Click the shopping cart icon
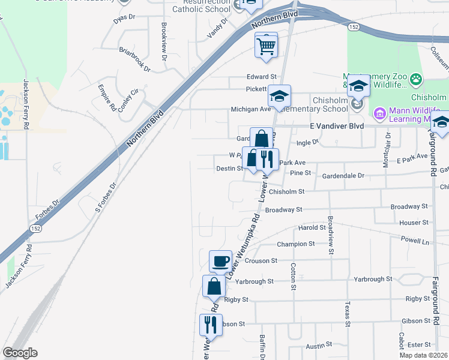point(266,45)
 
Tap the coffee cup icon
point(220,261)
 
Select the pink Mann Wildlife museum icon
point(379,113)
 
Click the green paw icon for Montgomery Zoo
point(415,79)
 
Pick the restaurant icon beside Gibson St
point(210,325)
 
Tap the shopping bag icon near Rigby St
point(214,286)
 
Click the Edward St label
point(262,77)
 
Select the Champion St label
point(296,244)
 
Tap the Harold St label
point(312,228)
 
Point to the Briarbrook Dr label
point(134,59)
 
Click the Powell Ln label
point(417,241)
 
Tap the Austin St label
point(319,345)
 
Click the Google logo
point(20,353)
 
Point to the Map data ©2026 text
point(424,355)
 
